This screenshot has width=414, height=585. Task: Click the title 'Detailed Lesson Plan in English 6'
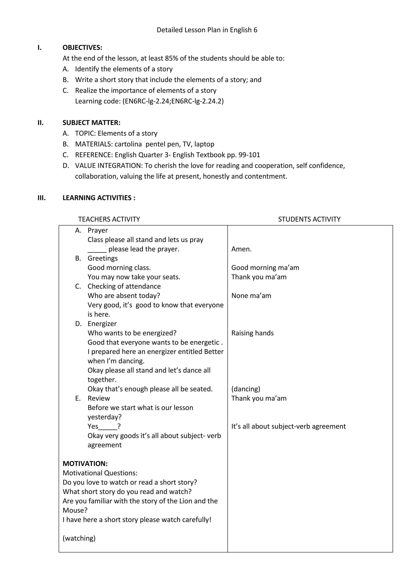tap(207, 30)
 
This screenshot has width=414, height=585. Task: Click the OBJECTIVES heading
tap(82, 48)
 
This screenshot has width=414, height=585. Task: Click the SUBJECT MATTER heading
tap(91, 123)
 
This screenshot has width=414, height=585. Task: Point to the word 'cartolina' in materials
tap(128, 144)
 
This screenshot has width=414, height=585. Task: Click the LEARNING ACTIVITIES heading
tap(99, 198)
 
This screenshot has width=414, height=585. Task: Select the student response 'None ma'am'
tap(251, 296)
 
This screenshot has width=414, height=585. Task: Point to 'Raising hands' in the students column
tap(252, 333)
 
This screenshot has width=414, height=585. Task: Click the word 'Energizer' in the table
tap(102, 324)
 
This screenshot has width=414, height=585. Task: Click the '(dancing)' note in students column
tap(245, 389)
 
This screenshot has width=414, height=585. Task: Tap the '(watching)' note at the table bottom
tap(79, 538)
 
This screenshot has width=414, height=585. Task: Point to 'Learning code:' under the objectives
tap(98, 101)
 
